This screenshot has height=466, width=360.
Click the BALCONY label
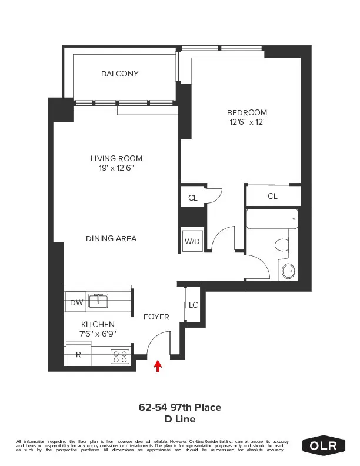tap(119, 74)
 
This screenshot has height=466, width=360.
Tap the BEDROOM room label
tap(247, 113)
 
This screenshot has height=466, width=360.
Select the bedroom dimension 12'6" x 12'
tap(247, 122)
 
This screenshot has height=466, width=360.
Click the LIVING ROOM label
tap(116, 158)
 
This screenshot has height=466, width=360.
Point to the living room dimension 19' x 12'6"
tap(116, 168)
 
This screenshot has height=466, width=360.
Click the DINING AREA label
tap(111, 238)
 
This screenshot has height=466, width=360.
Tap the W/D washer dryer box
tap(192, 241)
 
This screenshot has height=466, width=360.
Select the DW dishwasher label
tap(75, 302)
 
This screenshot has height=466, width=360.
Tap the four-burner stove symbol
tap(120, 357)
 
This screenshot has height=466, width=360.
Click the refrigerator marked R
tap(78, 355)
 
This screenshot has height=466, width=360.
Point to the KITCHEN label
tap(98, 324)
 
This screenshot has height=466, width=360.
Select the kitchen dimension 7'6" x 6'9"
tap(98, 334)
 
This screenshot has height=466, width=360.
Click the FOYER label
tap(156, 317)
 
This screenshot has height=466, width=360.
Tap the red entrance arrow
tap(158, 367)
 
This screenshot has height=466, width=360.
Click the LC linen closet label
tap(194, 305)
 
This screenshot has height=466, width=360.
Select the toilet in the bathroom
tap(282, 245)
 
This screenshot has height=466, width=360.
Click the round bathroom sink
tap(289, 271)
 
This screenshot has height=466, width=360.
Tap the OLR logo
tap(324, 445)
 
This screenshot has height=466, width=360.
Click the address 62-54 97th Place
tap(179, 407)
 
